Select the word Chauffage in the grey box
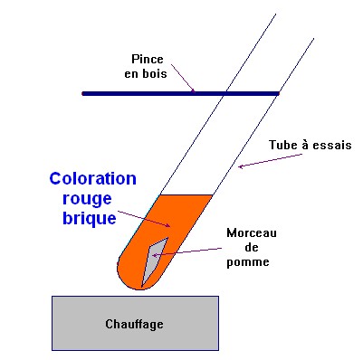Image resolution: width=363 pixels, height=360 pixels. pyautogui.click(x=134, y=323)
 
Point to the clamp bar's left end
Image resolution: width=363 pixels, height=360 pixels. pyautogui.click(x=84, y=92)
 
